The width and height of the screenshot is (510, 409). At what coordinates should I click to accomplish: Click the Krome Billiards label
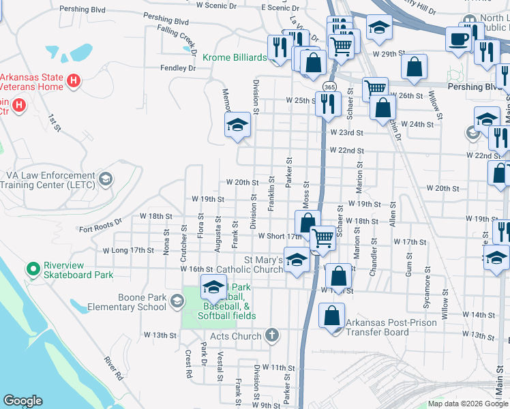pyautogui.click(x=232, y=58)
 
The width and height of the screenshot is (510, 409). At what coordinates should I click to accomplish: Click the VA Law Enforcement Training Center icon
pyautogui.click(x=106, y=179)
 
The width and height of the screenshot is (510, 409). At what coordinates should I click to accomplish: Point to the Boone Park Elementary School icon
pyautogui.click(x=177, y=301)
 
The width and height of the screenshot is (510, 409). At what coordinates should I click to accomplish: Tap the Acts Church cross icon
pyautogui.click(x=272, y=335)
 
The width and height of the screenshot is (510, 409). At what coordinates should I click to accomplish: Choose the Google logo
pyautogui.click(x=22, y=401)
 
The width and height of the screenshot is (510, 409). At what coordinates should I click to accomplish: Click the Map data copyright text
pyautogui.click(x=467, y=404)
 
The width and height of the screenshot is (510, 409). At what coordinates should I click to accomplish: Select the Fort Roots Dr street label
pyautogui.click(x=100, y=222)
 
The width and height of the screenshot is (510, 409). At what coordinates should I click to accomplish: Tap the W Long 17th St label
pyautogui.click(x=128, y=250)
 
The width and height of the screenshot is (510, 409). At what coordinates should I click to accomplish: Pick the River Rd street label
pyautogui.click(x=113, y=368)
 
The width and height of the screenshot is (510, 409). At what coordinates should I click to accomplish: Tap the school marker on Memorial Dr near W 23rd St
pyautogui.click(x=238, y=124)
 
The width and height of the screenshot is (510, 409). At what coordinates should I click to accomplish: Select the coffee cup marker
pyautogui.click(x=458, y=38)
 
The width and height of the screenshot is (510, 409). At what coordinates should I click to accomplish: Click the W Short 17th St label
pyautogui.click(x=280, y=237)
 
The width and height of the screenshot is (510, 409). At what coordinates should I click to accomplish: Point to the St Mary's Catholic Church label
pyautogui.click(x=264, y=264)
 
